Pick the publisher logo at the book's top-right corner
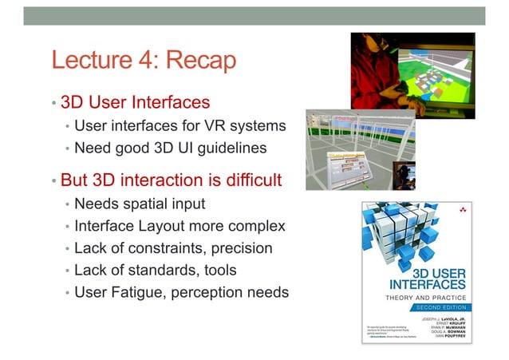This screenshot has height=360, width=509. (x=463, y=209)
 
